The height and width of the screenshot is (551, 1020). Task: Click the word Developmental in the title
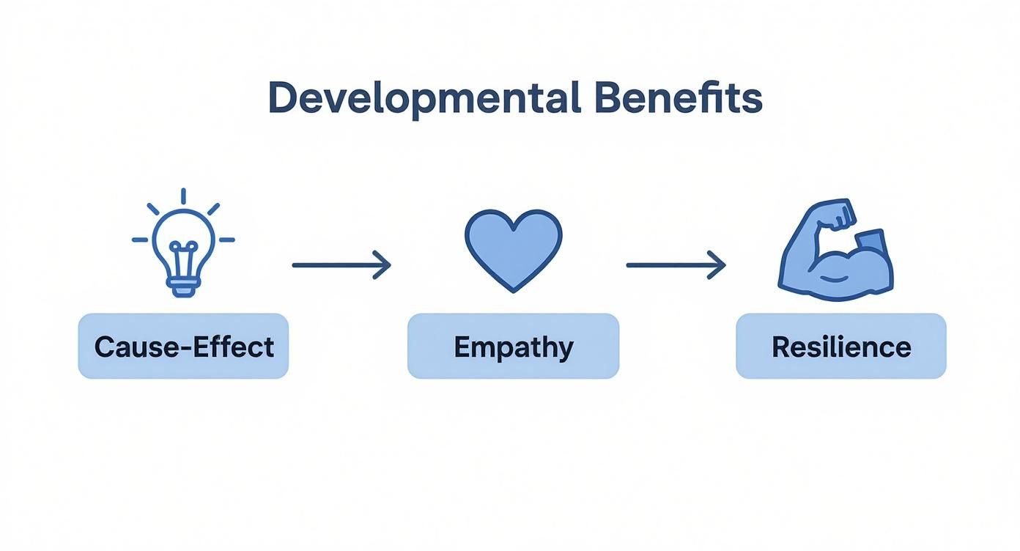click(424, 99)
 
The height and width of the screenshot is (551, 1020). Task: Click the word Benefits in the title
click(679, 97)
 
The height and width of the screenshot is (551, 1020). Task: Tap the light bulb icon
click(183, 243)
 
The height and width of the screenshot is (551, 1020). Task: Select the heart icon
click(513, 251)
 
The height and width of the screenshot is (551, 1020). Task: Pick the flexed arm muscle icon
click(836, 250)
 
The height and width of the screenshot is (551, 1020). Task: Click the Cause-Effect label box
click(183, 346)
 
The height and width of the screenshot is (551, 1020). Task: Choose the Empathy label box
click(513, 346)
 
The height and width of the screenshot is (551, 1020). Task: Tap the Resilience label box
click(841, 346)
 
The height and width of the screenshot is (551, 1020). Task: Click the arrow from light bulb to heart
click(341, 265)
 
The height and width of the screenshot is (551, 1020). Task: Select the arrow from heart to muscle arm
click(676, 265)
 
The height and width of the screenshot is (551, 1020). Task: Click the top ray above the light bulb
click(183, 196)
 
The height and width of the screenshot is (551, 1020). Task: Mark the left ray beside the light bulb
click(140, 240)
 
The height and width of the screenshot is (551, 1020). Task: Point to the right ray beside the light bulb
click(226, 240)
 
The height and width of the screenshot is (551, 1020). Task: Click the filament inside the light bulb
click(183, 259)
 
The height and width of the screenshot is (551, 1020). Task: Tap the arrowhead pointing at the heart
click(382, 265)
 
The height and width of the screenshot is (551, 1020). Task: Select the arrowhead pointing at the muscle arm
click(717, 265)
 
